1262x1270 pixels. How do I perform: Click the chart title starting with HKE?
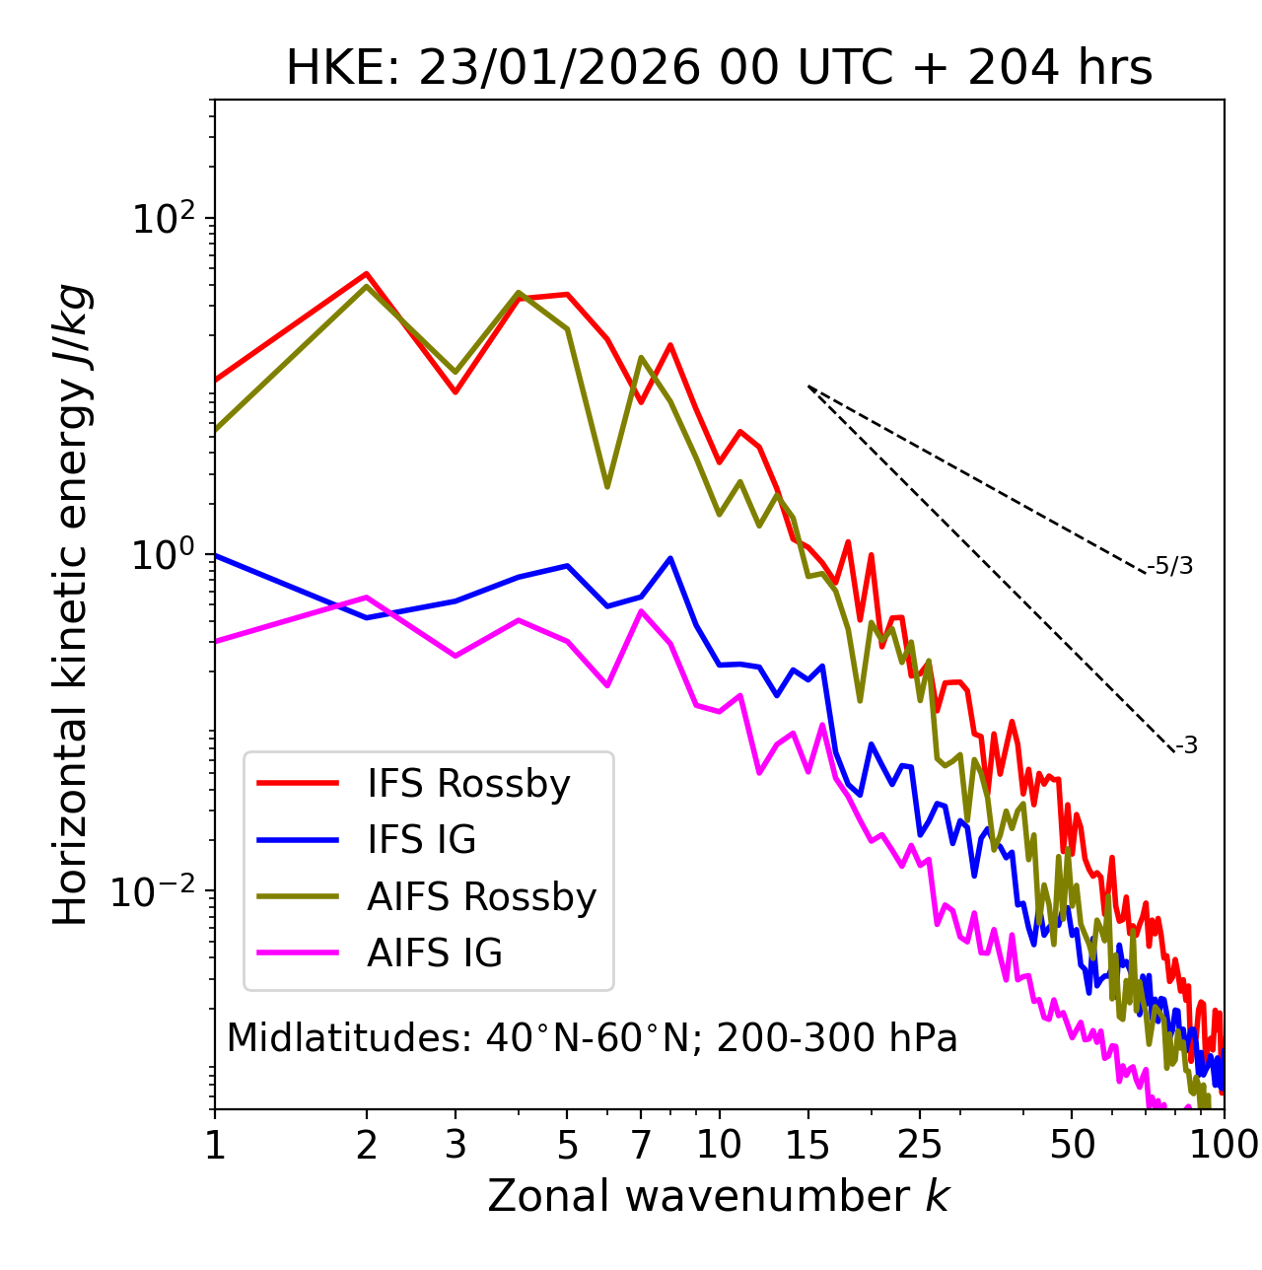(x=719, y=69)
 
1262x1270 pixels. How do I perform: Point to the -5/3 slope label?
(x=1170, y=567)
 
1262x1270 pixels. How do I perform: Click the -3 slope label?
(x=1186, y=746)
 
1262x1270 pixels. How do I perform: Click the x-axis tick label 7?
(x=641, y=1145)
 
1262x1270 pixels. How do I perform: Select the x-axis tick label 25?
(x=919, y=1145)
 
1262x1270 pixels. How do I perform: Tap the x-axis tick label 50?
(x=1072, y=1145)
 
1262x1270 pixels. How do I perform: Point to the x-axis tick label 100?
(x=1224, y=1145)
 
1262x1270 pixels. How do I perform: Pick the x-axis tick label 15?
(x=807, y=1145)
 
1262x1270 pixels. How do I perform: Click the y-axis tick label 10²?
(x=166, y=219)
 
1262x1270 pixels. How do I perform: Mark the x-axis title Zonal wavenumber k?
(x=719, y=1196)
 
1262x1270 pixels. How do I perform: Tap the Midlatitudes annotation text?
(x=592, y=1038)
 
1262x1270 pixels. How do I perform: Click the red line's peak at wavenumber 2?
(x=367, y=273)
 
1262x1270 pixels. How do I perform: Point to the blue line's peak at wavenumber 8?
(x=670, y=558)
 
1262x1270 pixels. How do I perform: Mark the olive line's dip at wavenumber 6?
(x=607, y=487)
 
